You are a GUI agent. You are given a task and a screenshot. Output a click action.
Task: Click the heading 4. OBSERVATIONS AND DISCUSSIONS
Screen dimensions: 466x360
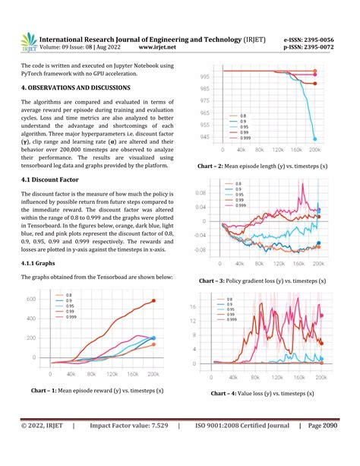tap(89, 88)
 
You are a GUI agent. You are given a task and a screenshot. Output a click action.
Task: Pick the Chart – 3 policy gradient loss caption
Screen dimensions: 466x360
tap(262, 281)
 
